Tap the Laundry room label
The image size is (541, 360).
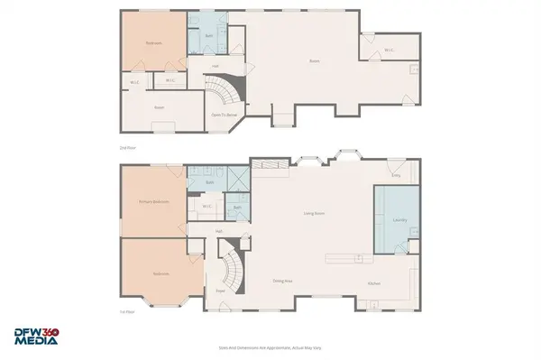pos(396,218)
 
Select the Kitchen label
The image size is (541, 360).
pos(374,283)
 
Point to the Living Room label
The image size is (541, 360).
pos(314,213)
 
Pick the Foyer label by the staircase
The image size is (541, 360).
pos(219,291)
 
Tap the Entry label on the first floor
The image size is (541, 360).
pos(395,163)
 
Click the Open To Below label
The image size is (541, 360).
pos(225,115)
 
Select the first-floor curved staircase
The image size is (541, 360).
pos(233,271)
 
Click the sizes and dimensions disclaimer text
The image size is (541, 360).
pos(270,346)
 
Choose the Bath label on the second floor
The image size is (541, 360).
pos(208,36)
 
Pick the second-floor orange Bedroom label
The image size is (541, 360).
pos(152,43)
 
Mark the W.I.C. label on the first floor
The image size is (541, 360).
pos(206,206)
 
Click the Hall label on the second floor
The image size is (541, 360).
pos(215,66)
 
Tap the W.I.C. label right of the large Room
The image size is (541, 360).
pos(389,50)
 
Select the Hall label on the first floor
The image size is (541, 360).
pos(218,231)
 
